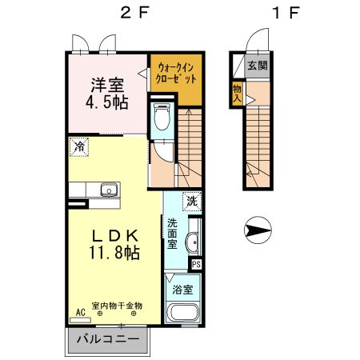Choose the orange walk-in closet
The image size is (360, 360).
(174, 77)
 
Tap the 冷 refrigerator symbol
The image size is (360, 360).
(78, 146)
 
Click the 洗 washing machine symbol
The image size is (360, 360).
(192, 200)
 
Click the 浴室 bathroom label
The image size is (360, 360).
(183, 289)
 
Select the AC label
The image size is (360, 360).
(80, 311)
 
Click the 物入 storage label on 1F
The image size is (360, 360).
(238, 91)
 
